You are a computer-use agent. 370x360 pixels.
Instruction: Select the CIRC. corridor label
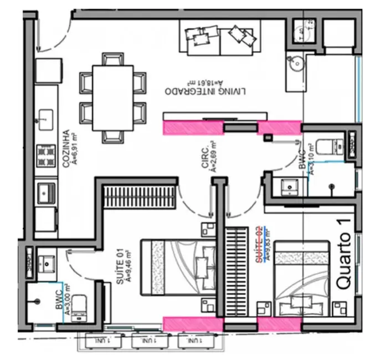coord(208,158)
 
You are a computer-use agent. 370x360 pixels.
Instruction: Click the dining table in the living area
coord(112,97)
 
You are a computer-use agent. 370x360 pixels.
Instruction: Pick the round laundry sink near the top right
coord(295,65)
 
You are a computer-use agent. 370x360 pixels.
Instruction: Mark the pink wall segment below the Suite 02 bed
coord(279,324)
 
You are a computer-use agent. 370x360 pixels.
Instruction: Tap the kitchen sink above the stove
coord(45,117)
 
